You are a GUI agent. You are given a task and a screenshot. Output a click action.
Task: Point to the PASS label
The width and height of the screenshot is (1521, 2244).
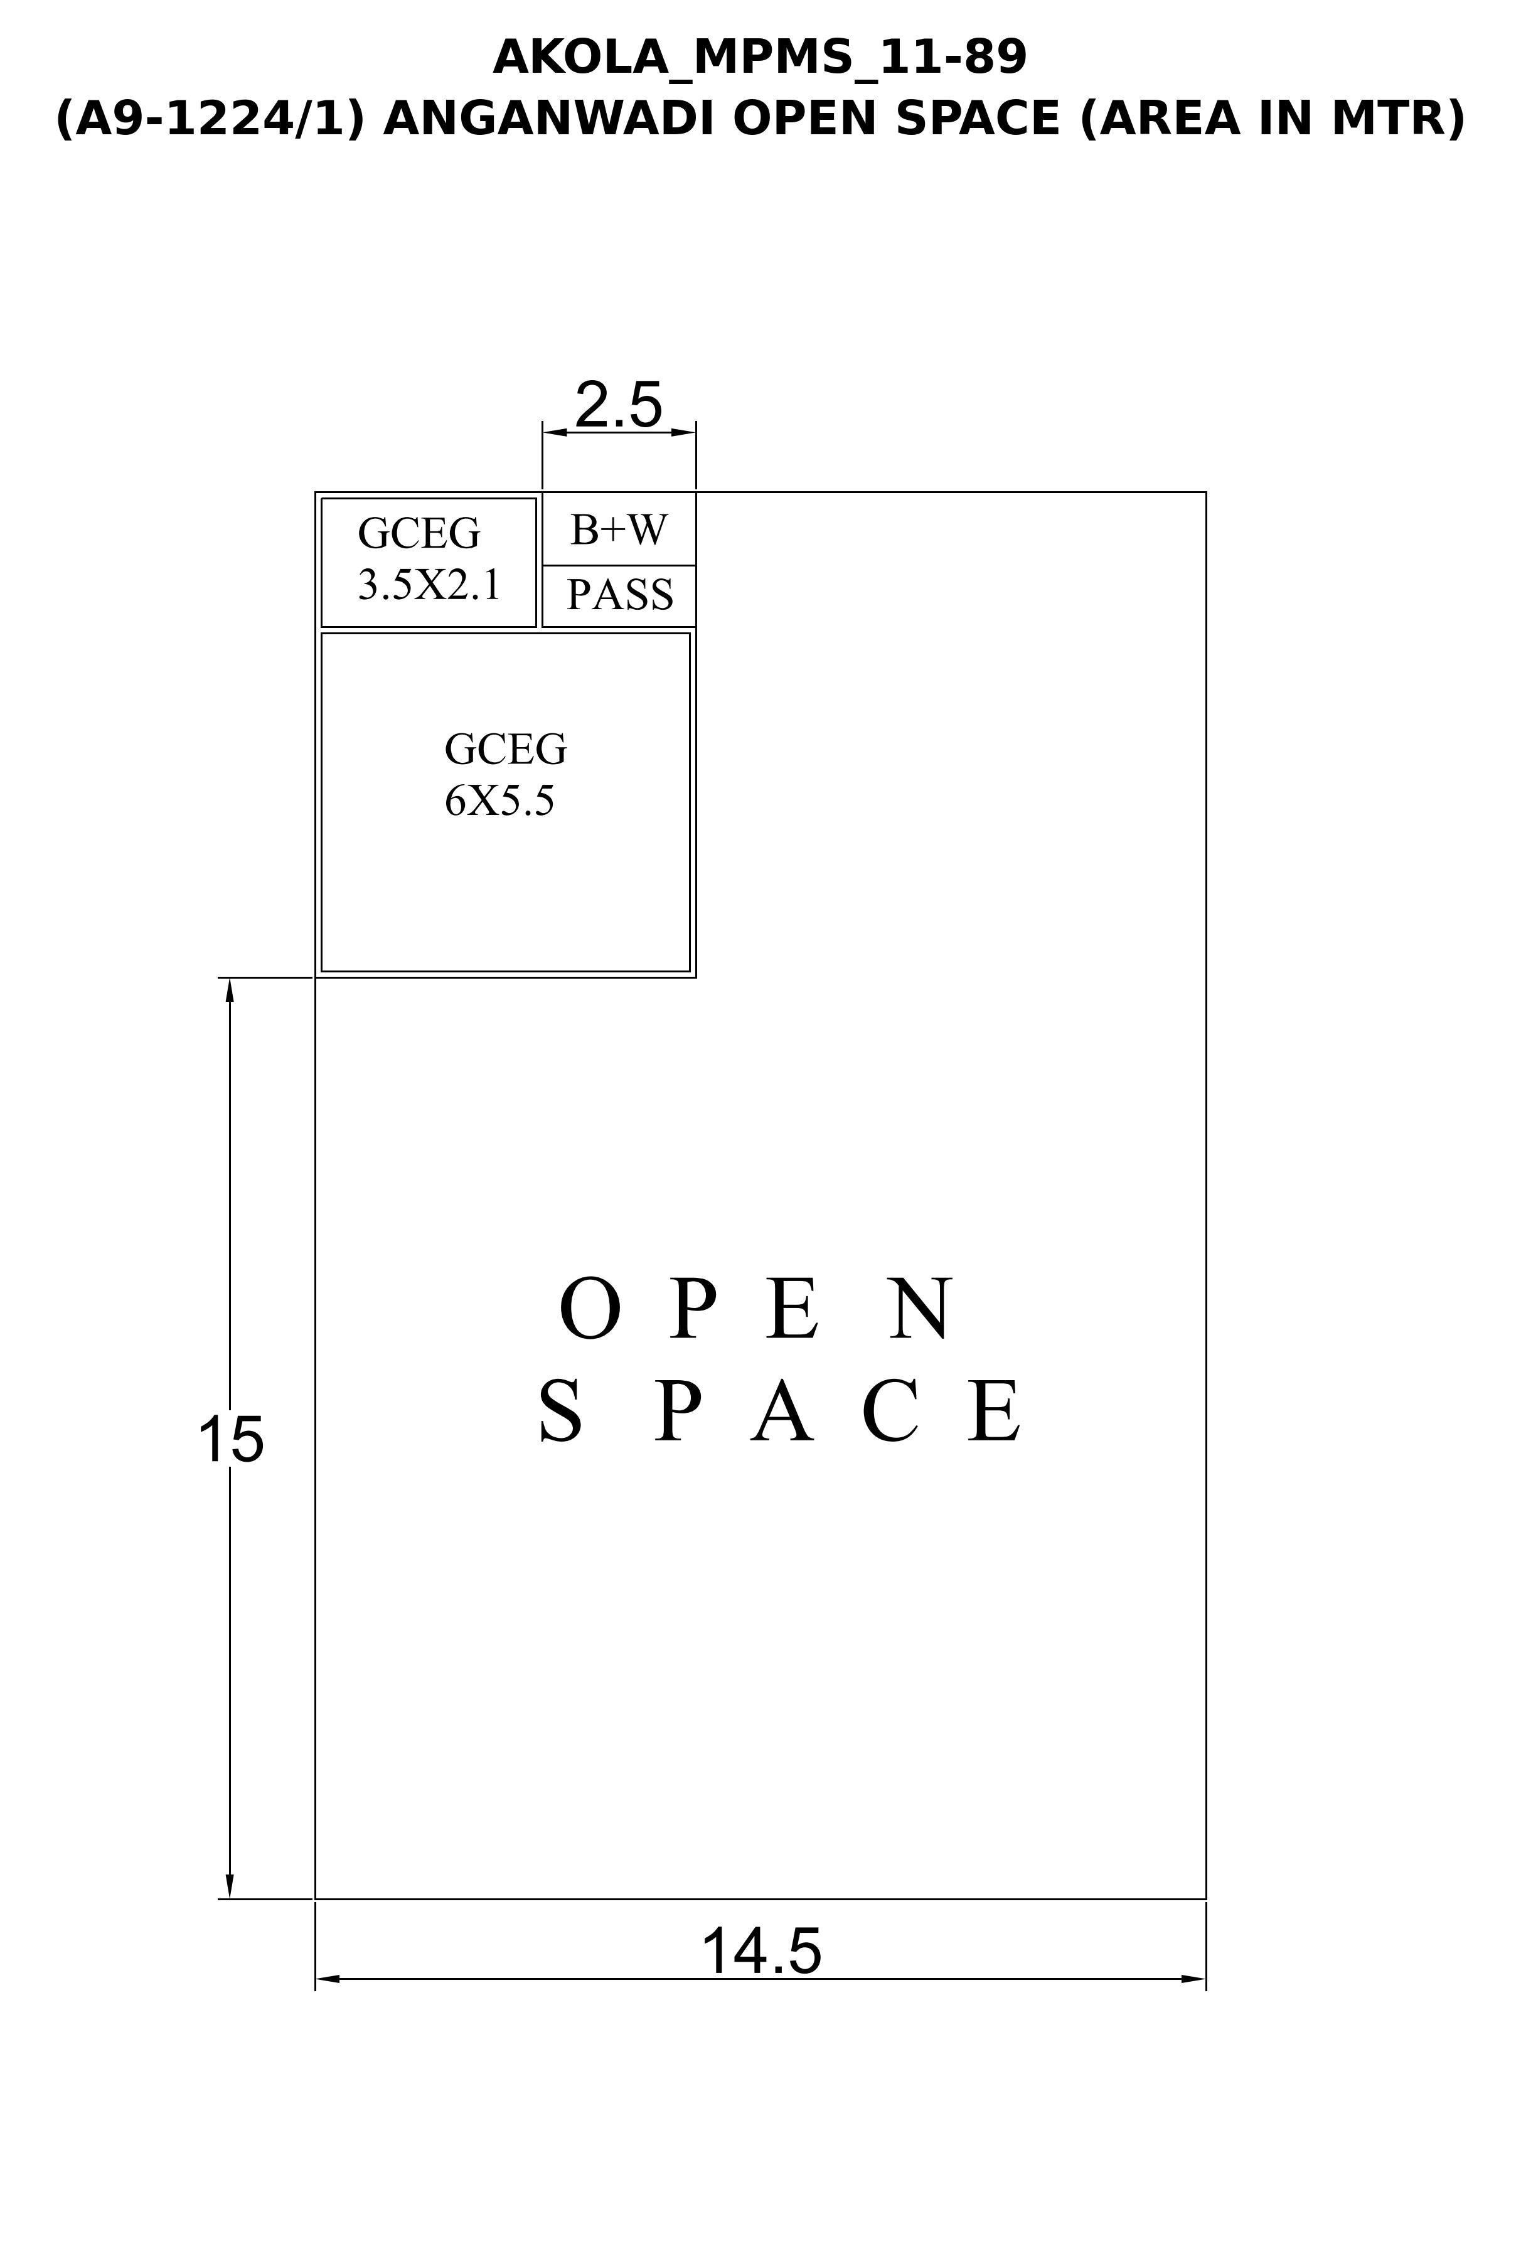[619, 594]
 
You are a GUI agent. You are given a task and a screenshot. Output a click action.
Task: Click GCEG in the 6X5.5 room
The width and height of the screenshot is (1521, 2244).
[505, 748]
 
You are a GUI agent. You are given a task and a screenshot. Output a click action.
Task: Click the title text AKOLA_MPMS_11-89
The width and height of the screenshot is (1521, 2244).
[760, 58]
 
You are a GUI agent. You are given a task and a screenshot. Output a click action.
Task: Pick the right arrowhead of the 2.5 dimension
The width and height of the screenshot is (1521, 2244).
[684, 432]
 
